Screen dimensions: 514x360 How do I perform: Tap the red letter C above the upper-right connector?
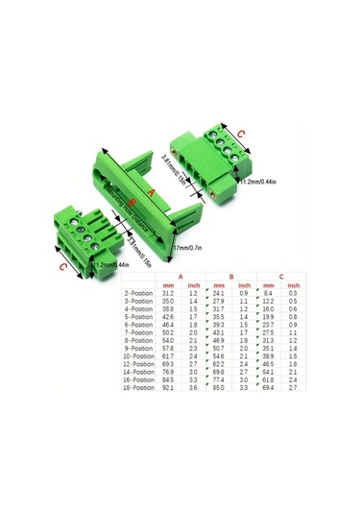pos(240,134)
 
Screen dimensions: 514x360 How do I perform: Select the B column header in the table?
pos(230,275)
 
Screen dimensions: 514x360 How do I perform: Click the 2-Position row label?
pos(139,293)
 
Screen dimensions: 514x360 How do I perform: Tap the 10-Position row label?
pos(138,355)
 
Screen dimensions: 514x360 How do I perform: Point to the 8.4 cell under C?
pos(270,293)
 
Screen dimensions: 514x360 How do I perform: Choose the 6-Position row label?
pos(139,324)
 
